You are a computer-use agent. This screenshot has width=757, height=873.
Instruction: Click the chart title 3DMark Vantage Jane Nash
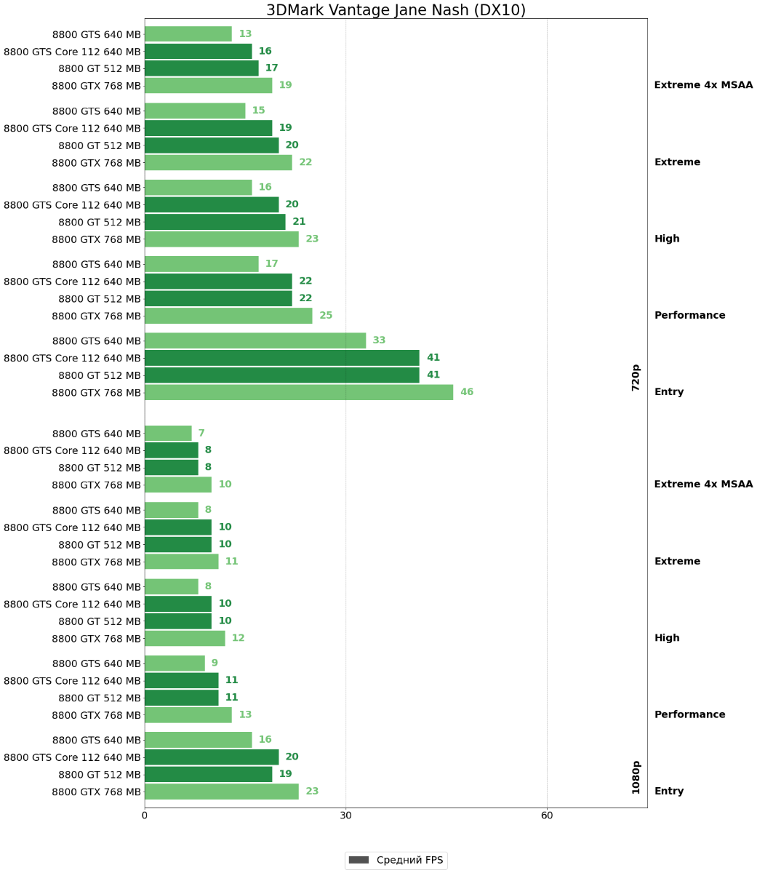point(396,10)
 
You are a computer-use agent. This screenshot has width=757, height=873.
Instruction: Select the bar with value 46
point(298,392)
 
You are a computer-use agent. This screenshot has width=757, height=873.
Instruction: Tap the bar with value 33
point(255,340)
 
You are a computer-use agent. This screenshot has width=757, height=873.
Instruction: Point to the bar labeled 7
point(168,434)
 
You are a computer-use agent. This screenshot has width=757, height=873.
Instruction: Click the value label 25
point(326,316)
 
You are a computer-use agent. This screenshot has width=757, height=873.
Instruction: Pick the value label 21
point(299,222)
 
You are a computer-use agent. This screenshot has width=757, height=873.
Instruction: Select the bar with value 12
point(185,638)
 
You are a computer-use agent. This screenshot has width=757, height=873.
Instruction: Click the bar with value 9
point(175,663)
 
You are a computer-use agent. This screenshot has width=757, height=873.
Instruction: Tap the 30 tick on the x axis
point(345,816)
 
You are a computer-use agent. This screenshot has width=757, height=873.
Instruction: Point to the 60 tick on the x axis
point(547,816)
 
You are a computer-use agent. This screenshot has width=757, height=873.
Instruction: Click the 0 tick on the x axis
point(145,816)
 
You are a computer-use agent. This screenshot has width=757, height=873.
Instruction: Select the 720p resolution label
point(636,378)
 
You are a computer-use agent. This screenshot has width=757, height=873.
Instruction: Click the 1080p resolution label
point(636,777)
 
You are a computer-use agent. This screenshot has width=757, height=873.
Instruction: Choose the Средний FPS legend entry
point(396,860)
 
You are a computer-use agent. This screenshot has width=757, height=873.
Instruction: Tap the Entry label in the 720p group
point(669,392)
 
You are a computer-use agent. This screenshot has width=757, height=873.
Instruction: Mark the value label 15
point(258,111)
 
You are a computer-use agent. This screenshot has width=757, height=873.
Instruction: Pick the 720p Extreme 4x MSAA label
point(703,85)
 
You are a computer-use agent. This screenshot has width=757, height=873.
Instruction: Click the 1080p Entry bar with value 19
point(208,774)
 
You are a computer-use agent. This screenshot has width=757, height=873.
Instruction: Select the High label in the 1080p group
point(667,638)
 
